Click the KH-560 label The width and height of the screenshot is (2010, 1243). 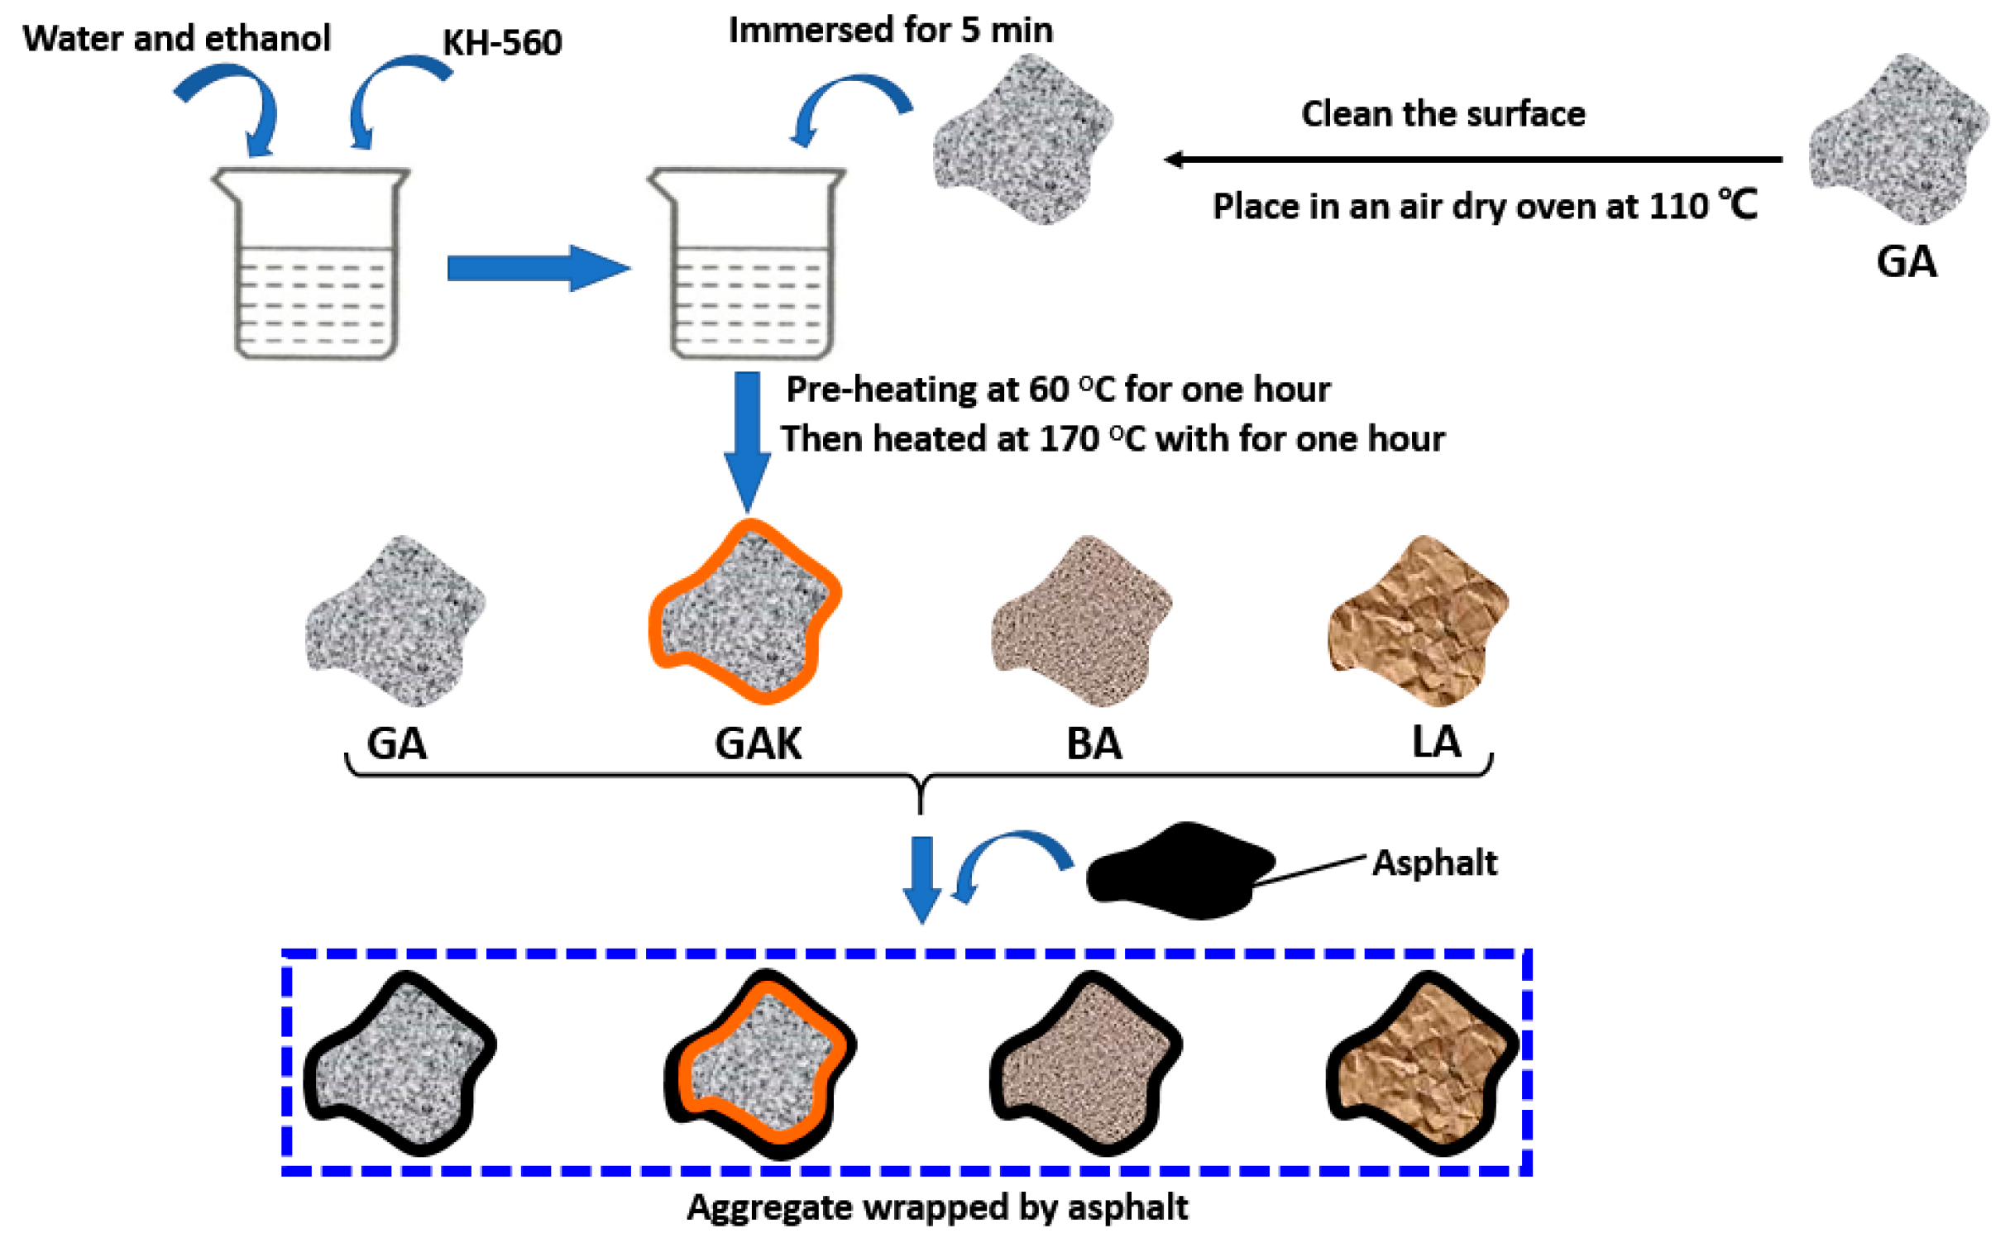(x=502, y=42)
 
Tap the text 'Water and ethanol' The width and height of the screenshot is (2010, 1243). (x=176, y=38)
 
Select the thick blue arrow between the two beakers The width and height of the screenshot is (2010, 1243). (x=538, y=268)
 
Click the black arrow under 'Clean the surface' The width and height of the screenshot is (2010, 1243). (x=1472, y=159)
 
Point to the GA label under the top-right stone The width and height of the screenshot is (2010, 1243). (x=1906, y=262)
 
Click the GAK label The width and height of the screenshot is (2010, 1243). (x=758, y=743)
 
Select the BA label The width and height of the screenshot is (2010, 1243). (x=1094, y=743)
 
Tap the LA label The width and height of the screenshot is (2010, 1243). (x=1436, y=742)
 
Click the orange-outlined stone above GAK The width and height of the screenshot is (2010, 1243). (x=744, y=612)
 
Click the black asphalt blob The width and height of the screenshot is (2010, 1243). (x=1179, y=872)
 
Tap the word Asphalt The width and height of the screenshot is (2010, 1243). (x=1434, y=863)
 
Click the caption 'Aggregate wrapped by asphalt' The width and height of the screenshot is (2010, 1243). (x=937, y=1207)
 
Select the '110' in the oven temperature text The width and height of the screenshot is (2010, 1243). (x=1678, y=207)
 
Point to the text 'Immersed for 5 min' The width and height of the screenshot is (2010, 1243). (x=890, y=31)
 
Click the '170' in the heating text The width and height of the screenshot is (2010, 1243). (x=1068, y=439)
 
